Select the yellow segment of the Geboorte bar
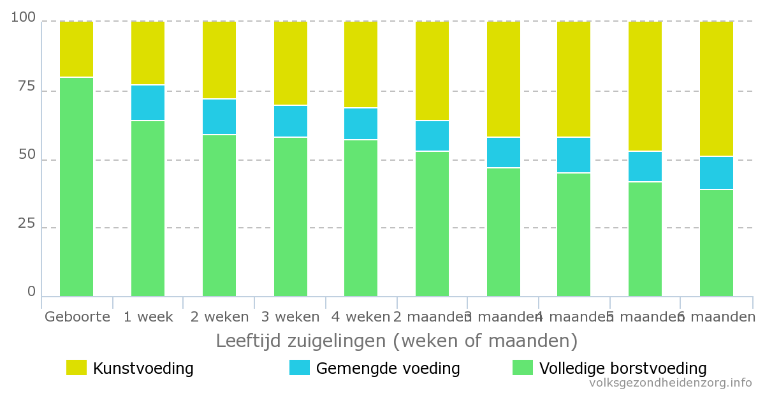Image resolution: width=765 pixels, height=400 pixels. [76, 49]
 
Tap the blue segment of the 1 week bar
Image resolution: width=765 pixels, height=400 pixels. [148, 103]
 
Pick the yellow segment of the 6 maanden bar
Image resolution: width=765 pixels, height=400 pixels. [717, 89]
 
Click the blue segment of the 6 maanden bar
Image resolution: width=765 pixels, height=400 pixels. [717, 173]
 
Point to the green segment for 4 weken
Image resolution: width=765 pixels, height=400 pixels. [361, 218]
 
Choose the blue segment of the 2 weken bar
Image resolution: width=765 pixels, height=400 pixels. [219, 117]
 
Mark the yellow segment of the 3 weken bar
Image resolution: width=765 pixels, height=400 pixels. [291, 63]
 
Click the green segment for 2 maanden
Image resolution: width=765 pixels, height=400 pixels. [432, 223]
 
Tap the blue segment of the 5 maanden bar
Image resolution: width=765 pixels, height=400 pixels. [645, 167]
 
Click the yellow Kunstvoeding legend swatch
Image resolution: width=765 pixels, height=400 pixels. [76, 367]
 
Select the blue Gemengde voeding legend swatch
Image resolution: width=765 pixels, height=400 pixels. [300, 367]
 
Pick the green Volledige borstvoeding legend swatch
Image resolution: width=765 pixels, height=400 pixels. [523, 367]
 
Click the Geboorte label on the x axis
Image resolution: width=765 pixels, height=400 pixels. [76, 316]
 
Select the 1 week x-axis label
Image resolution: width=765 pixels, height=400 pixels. [148, 316]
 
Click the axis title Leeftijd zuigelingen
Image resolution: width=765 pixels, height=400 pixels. [397, 340]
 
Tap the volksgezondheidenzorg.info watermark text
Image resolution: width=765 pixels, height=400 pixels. [671, 383]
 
